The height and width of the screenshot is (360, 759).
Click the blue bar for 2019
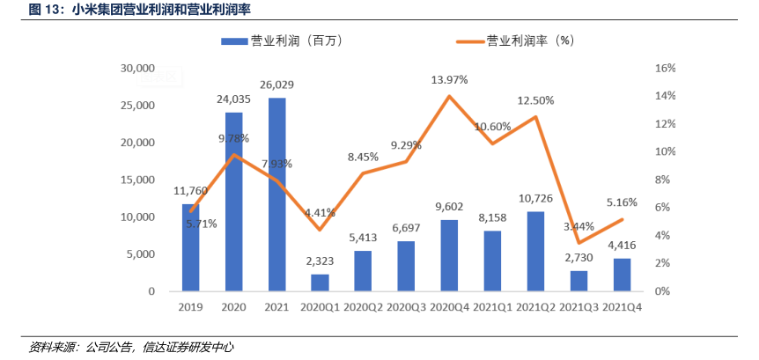[191, 247]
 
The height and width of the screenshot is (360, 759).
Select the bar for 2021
[277, 195]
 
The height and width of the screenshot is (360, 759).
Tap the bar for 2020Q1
[320, 283]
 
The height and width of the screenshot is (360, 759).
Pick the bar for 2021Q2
[535, 251]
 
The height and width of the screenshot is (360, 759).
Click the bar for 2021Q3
[578, 281]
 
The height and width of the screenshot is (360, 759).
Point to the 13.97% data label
[449, 80]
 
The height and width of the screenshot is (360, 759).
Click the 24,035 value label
[234, 99]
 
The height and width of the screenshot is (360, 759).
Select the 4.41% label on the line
[320, 212]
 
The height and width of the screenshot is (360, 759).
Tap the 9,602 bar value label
[449, 208]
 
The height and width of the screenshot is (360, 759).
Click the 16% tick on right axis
[666, 69]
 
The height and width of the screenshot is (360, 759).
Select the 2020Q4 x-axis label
[449, 309]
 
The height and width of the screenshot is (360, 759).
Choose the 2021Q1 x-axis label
[492, 309]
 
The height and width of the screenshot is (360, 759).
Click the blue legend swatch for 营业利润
[233, 40]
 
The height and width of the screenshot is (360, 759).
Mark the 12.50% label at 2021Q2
[536, 100]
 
